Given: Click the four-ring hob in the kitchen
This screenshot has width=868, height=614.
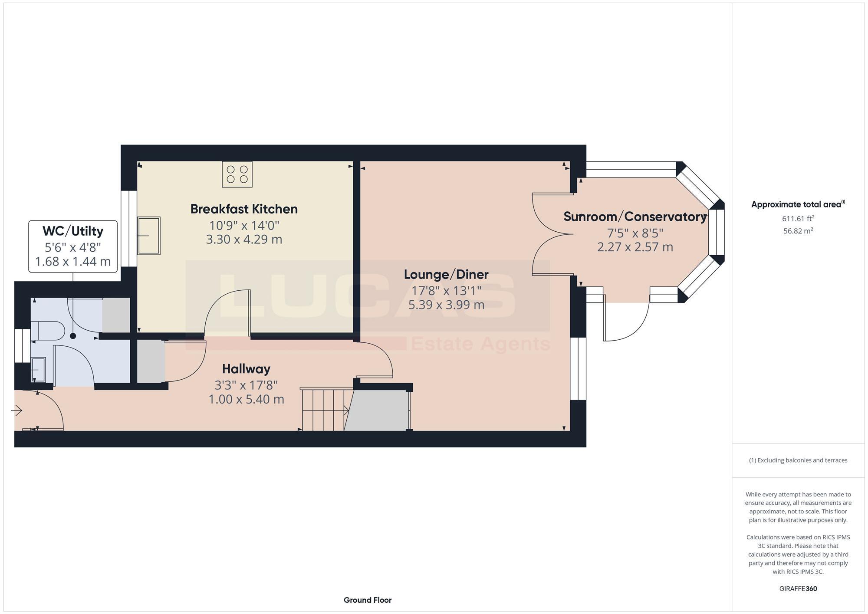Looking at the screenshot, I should (237, 174).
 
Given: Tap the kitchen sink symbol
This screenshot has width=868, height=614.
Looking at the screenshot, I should (149, 236).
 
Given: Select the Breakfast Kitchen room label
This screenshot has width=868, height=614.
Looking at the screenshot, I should (244, 209).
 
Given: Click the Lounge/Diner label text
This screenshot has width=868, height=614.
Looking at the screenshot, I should (446, 274).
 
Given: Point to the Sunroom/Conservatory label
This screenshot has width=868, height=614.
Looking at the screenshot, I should (635, 217).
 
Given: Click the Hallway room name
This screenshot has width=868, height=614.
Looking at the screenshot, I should (246, 369).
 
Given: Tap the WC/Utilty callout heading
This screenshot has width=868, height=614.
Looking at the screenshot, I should (73, 231).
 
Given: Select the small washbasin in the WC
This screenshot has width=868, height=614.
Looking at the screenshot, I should (38, 370).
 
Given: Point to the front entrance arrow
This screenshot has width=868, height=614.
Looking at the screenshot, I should (17, 410).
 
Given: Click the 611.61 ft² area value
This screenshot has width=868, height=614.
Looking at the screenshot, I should (798, 219).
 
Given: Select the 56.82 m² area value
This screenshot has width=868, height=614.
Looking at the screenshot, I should (798, 231).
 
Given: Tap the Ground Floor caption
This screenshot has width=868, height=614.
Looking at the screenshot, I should (367, 600).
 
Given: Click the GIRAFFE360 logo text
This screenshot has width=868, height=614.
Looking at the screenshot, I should (798, 589).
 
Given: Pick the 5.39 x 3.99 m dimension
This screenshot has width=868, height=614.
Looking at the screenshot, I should (446, 305).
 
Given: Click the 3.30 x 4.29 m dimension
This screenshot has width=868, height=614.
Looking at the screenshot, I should (244, 240).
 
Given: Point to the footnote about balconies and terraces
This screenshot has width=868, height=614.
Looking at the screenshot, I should (798, 460).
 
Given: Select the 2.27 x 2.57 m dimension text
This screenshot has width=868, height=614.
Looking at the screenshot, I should (635, 247).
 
